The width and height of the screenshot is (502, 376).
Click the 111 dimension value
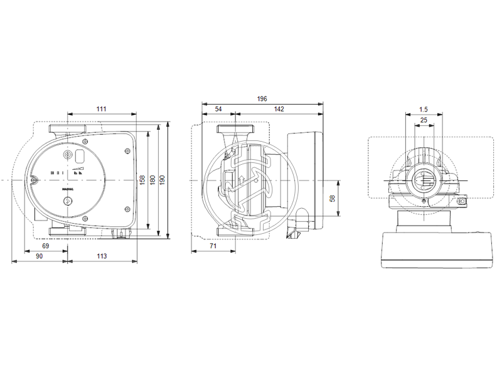[x=101, y=109]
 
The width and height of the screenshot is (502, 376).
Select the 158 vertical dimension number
[x=142, y=180]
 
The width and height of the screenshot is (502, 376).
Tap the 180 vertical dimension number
[x=152, y=180]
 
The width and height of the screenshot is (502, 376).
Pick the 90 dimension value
[x=39, y=256]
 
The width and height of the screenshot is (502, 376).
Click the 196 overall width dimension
[x=262, y=98]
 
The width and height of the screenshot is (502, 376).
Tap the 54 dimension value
[x=218, y=109]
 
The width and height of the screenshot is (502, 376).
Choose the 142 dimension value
[x=279, y=109]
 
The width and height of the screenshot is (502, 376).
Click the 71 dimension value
[x=213, y=247]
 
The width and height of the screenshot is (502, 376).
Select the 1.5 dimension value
[x=424, y=109]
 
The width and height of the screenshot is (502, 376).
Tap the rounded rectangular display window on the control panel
[x=80, y=155]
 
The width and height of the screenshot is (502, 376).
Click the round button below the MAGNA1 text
[x=67, y=201]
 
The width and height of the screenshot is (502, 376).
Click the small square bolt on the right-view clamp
[x=461, y=202]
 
